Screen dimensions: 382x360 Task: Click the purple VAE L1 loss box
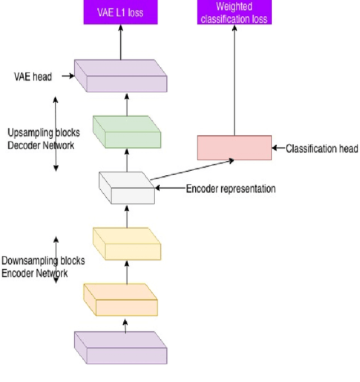[120, 12]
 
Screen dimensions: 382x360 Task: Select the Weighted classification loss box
[233, 12]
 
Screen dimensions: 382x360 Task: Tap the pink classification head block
[234, 148]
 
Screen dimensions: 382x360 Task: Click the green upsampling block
[127, 133]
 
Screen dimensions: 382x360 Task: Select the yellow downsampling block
[127, 244]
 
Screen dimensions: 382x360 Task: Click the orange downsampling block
[120, 300]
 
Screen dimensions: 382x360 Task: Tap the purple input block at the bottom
[120, 348]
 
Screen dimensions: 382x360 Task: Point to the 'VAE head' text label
[32, 76]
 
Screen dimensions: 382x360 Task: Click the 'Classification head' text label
[322, 149]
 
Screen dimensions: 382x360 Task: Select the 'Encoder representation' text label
[231, 189]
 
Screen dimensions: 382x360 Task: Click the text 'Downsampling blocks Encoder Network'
[43, 267]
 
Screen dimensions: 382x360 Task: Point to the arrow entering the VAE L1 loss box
[120, 42]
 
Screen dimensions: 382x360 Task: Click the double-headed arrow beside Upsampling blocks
[55, 133]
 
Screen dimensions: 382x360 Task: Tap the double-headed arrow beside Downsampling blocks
[55, 260]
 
